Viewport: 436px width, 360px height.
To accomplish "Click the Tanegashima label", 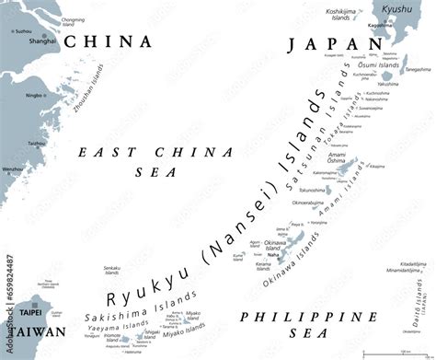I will (x=418, y=68).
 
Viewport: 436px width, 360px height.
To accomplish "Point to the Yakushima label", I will (x=388, y=84).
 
